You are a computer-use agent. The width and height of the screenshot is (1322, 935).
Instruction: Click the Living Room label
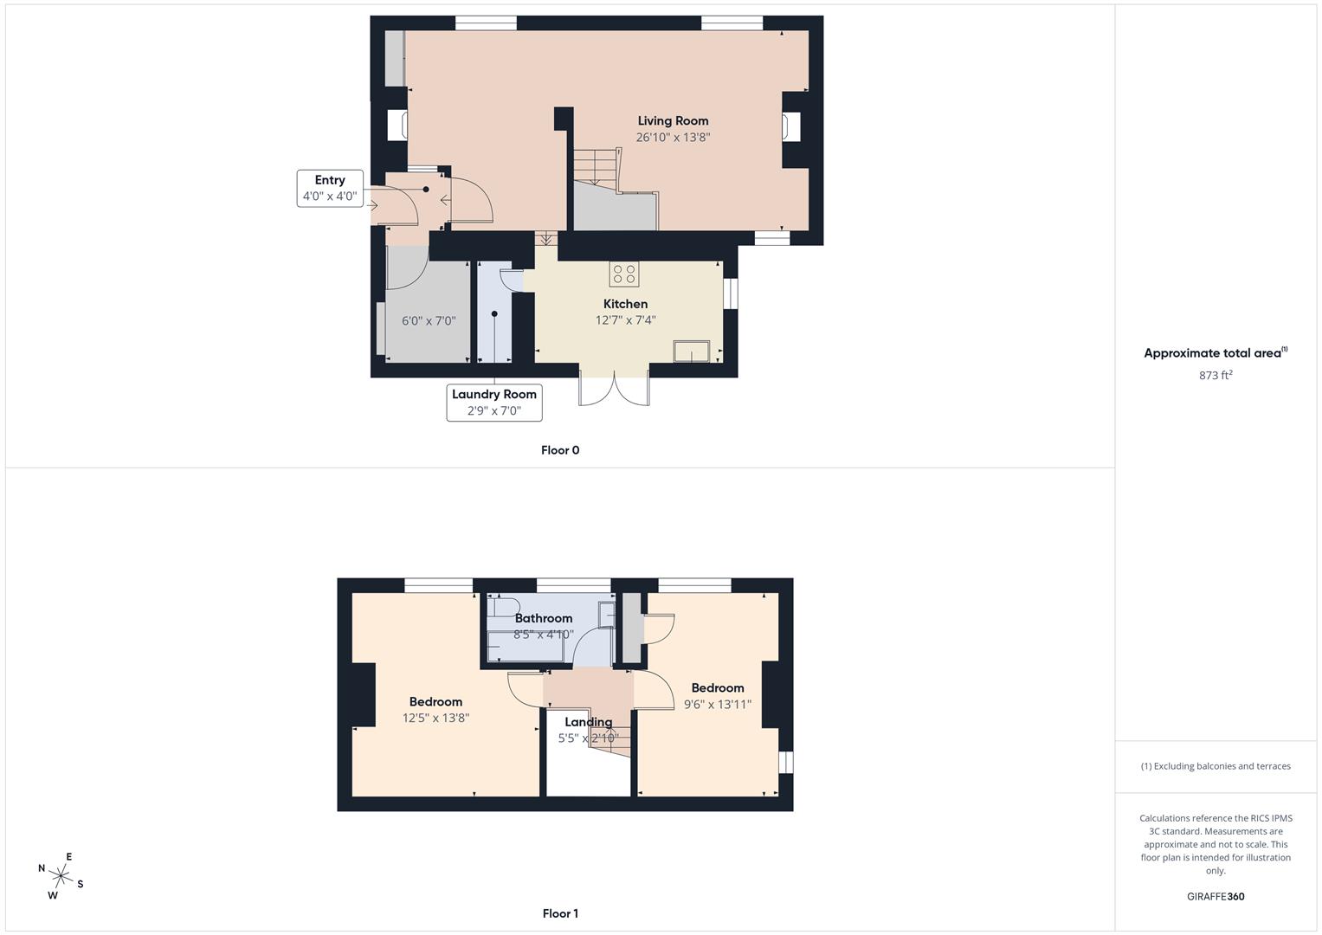[x=673, y=121]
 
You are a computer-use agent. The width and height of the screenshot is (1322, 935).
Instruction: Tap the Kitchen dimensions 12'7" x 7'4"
[x=625, y=320]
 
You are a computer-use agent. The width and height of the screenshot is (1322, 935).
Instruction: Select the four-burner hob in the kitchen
[x=623, y=274]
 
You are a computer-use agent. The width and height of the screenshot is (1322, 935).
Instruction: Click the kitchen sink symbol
[x=692, y=351]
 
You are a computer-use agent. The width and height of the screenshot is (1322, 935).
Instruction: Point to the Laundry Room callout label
[x=494, y=395]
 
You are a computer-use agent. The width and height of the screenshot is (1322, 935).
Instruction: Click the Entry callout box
[x=330, y=189]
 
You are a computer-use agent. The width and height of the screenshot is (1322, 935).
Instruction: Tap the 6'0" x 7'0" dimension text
[x=429, y=321]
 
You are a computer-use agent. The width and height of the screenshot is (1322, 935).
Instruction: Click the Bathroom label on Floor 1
[x=544, y=618]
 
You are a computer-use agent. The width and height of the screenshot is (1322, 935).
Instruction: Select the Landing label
[x=589, y=722]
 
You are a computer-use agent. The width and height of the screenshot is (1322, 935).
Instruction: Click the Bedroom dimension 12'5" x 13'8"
[x=435, y=718]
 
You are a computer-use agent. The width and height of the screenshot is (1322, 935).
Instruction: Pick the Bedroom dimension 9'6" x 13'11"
[x=718, y=705]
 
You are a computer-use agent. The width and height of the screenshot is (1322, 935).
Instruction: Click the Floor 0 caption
[x=560, y=450]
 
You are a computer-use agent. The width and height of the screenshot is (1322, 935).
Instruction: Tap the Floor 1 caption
[x=560, y=913]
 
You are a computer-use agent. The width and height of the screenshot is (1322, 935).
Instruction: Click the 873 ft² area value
[x=1216, y=375]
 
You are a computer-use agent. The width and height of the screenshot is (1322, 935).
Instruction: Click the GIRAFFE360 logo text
[x=1216, y=897]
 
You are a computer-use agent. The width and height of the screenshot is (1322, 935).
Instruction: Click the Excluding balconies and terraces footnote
[x=1216, y=766]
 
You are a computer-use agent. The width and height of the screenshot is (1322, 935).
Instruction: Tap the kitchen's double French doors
[x=614, y=389]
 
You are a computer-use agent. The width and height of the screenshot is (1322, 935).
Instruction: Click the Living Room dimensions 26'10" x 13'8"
[x=673, y=138]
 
